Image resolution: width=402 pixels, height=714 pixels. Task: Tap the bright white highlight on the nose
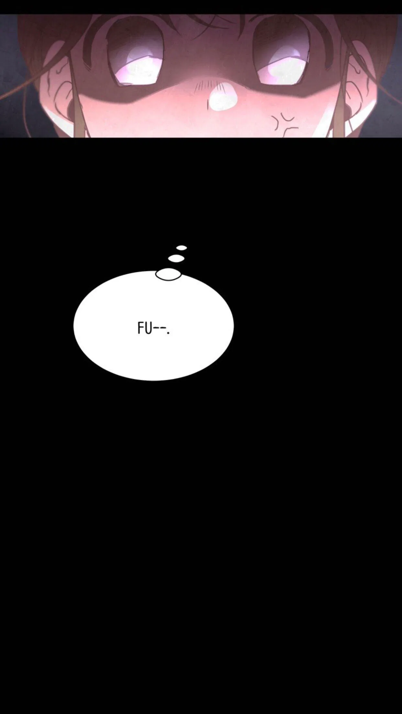pos(221,95)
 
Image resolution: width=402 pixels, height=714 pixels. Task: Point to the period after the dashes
pos(168,333)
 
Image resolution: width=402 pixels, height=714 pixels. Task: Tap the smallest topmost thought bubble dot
pos(182,248)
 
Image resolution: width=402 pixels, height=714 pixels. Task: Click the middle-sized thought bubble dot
pos(176,258)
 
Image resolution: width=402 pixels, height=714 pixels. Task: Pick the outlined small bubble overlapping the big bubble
pos(168,274)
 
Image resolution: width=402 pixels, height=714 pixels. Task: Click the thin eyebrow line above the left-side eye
pos(97,42)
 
